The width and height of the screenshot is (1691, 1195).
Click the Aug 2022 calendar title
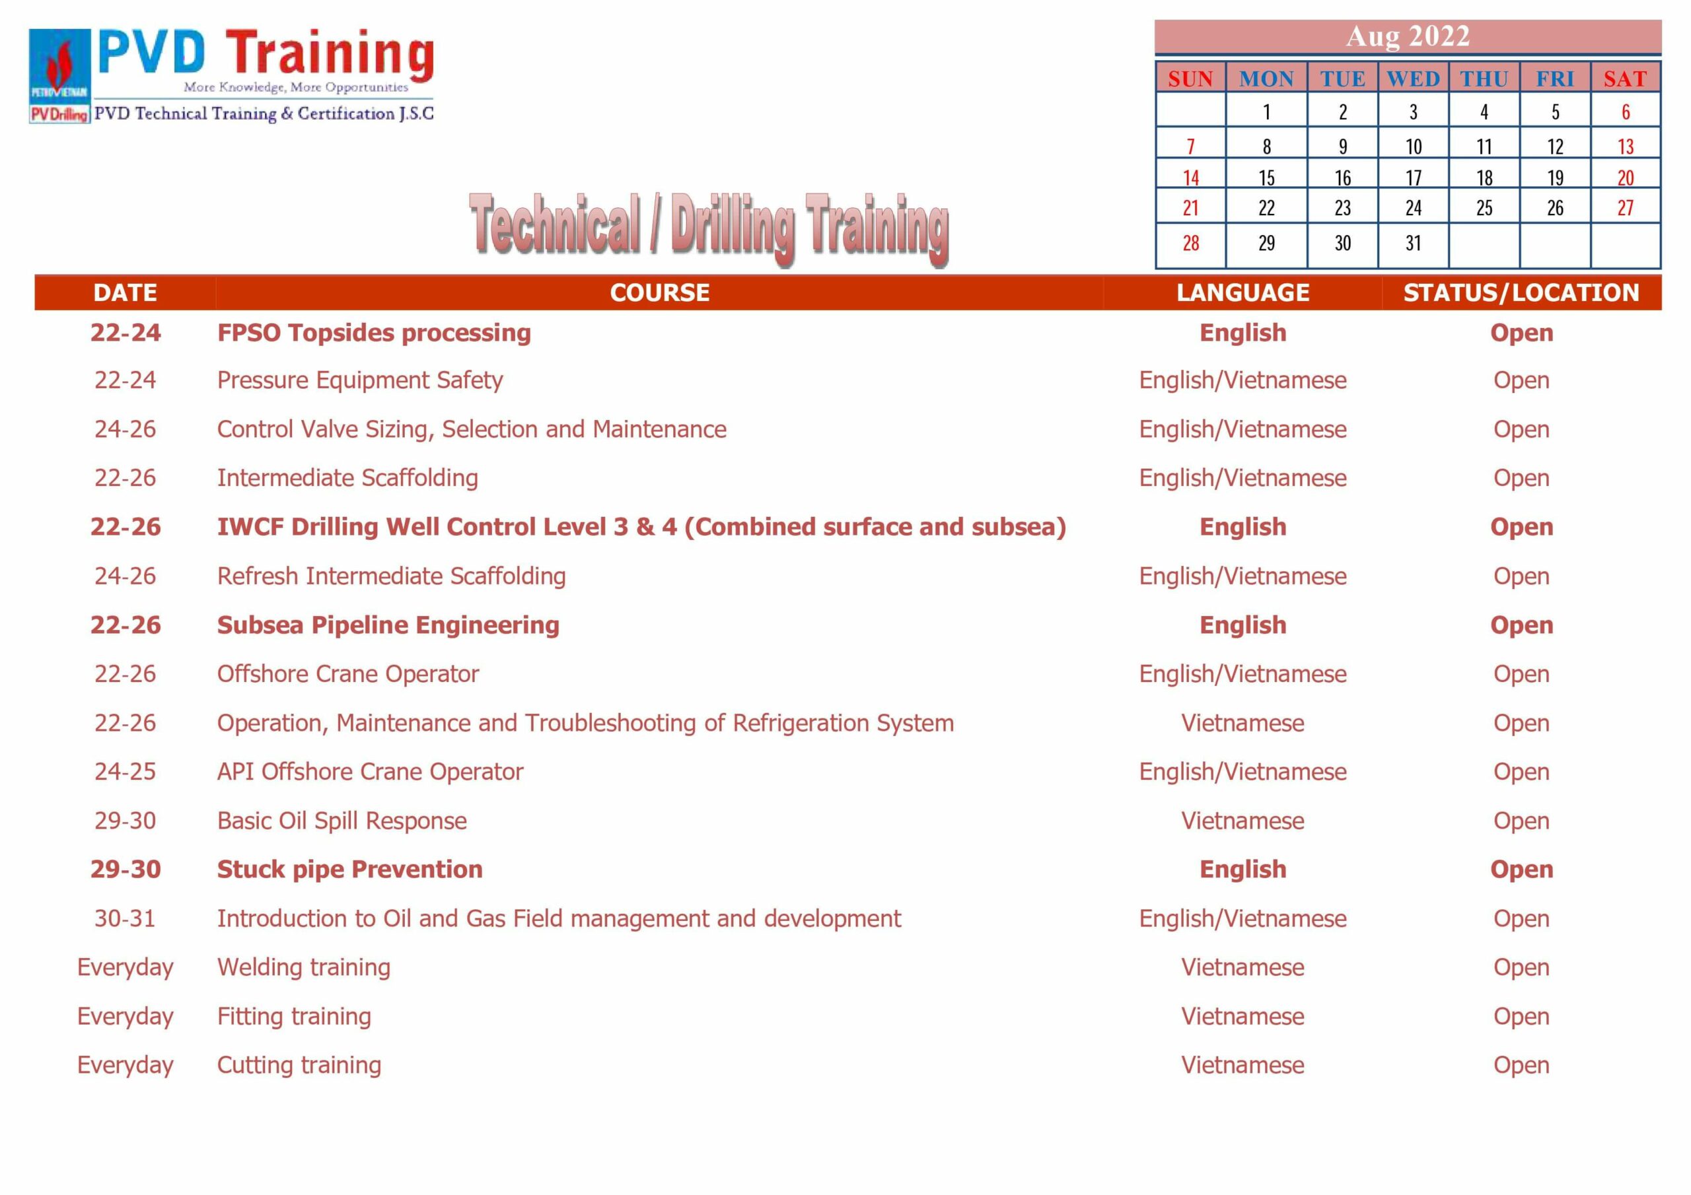coord(1408,36)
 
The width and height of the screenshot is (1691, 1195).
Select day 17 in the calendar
coord(1413,178)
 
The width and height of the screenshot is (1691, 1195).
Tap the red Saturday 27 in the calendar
coord(1625,207)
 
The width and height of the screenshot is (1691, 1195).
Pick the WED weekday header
coord(1413,79)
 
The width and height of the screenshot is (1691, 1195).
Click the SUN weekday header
coord(1190,79)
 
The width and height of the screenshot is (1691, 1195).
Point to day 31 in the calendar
coord(1413,243)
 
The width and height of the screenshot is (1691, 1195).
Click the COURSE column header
coord(659,292)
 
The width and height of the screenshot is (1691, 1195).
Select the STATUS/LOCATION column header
coord(1521,292)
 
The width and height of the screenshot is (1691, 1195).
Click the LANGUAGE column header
coord(1242,292)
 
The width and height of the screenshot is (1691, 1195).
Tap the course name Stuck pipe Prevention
coord(350,870)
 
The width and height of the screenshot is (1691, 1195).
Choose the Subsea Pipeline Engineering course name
coord(388,625)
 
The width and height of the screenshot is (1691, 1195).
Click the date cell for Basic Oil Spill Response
coord(126,820)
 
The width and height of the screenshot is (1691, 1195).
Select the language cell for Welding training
coord(1242,967)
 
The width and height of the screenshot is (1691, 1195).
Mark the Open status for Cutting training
coord(1521,1065)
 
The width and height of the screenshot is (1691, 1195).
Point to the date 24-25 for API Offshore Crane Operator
coord(126,772)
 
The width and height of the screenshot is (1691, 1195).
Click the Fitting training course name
coord(294,1016)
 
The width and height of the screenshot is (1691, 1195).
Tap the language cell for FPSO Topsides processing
coord(1242,333)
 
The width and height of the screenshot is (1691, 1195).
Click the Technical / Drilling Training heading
coord(709,228)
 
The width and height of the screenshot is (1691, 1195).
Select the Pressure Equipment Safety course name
coord(359,381)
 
